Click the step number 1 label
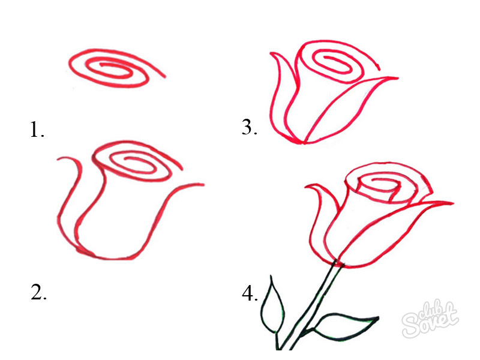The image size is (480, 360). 37,130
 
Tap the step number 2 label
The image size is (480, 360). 38,292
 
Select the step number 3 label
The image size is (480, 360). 249,127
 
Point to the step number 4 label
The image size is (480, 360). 250,293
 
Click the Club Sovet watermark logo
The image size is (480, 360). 430,319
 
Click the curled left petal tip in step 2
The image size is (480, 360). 58,159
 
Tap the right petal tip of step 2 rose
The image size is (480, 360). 203,184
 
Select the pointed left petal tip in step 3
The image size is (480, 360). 271,53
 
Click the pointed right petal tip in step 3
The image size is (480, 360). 398,78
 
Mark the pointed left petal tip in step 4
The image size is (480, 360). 306,186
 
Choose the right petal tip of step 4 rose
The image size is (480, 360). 453,203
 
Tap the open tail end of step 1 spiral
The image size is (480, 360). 166,77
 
